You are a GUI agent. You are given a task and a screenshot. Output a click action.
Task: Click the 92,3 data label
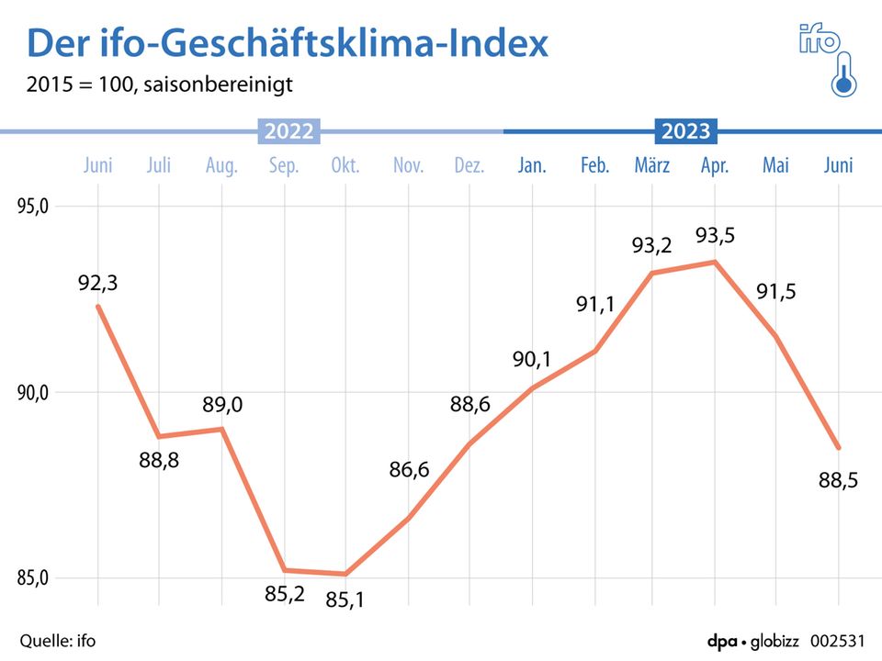pos(98,284)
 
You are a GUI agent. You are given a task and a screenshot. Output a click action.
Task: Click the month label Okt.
pos(345,166)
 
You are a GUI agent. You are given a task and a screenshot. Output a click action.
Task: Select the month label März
pos(652,166)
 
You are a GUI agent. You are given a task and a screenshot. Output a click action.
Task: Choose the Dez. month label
pos(469,166)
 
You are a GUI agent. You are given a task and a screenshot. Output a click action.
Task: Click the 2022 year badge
pos(289,131)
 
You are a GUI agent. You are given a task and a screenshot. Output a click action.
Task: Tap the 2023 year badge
pos(686,131)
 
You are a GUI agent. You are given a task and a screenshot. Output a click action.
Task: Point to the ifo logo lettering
pos(818,39)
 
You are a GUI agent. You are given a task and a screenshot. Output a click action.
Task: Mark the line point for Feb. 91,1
pos(595,352)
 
